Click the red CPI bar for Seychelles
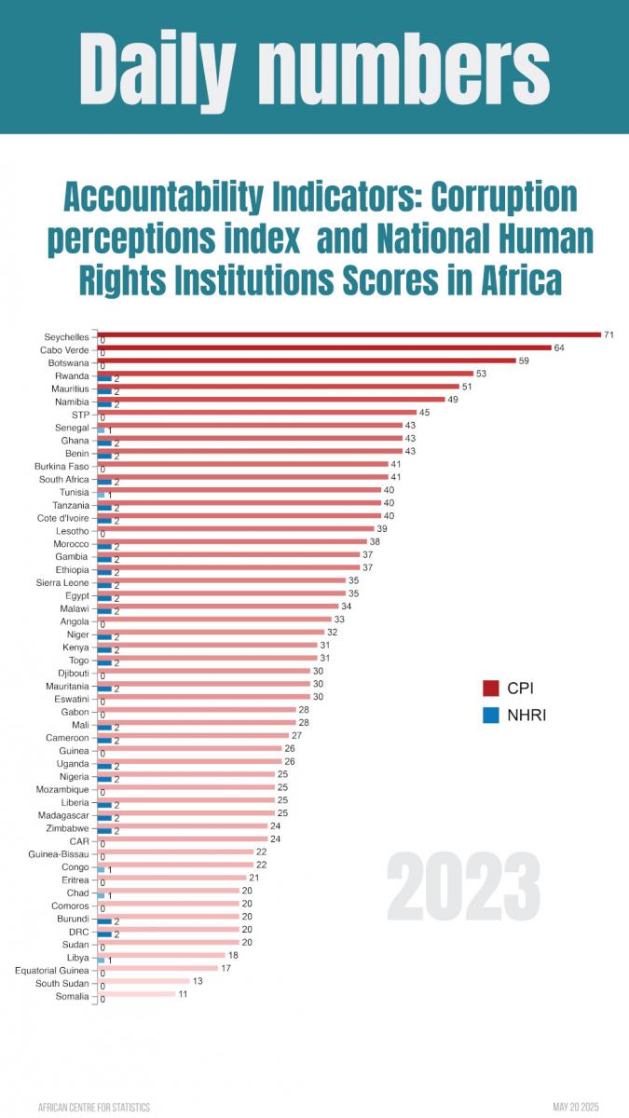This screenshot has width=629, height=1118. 349,334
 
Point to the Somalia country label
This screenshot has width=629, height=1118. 72,997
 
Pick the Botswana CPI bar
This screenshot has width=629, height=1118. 307,360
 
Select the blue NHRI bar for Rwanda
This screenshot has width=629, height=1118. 104,379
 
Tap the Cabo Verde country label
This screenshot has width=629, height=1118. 63,350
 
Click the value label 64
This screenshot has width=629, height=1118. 559,347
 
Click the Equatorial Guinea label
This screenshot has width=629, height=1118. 51,971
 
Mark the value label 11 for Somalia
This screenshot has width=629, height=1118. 184,994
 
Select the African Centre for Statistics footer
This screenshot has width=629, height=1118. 93,1107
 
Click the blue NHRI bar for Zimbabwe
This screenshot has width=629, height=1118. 104,830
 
